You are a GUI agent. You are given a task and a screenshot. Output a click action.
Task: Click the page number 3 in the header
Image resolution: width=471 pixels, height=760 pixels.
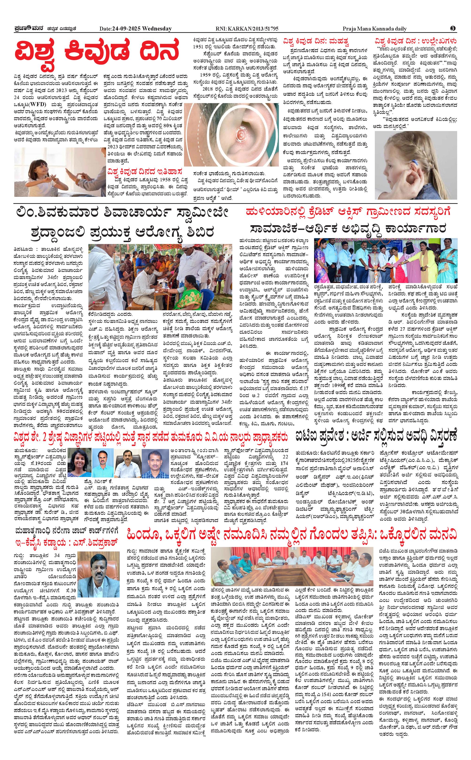click(453, 28)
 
